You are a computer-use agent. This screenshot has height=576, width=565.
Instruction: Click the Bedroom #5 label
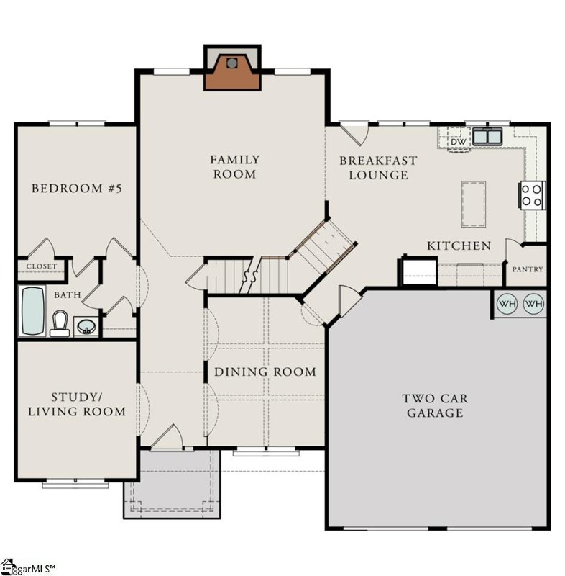76,189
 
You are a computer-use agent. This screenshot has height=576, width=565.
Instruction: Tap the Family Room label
234,167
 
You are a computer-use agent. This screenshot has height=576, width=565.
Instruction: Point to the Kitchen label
459,246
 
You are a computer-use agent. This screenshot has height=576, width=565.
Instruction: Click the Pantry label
528,269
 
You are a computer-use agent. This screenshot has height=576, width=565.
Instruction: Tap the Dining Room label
265,372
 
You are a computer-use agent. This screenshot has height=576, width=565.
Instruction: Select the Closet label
41,266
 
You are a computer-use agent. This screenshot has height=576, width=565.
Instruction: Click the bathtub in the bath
32,311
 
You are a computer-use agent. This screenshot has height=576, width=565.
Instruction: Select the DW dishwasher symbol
458,142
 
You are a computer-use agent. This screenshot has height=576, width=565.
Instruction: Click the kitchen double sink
487,135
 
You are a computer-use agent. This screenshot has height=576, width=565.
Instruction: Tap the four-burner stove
531,194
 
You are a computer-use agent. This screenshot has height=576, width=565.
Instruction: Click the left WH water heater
508,304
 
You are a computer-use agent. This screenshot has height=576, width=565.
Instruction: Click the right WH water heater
533,304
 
